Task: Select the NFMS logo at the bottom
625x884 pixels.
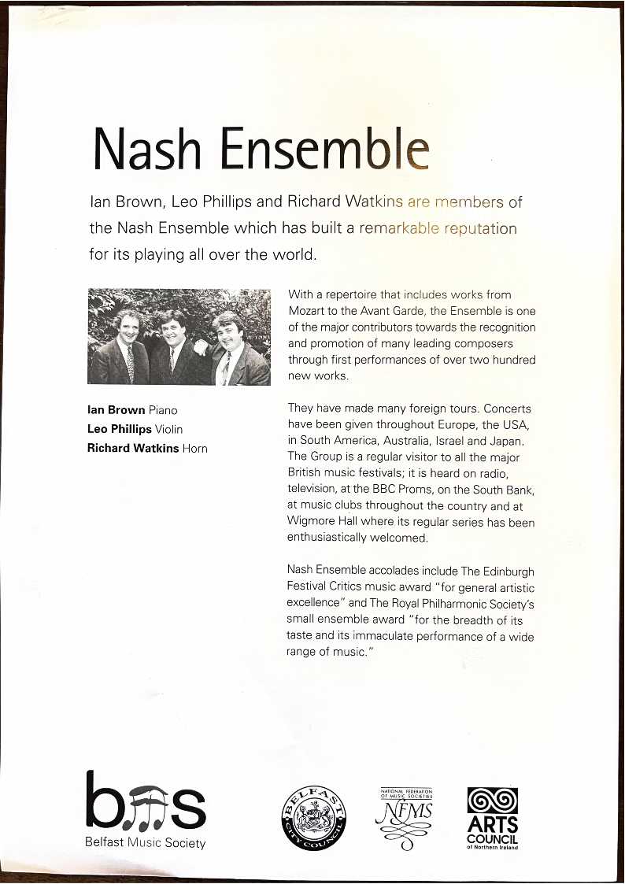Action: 406,819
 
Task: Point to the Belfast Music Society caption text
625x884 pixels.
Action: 145,844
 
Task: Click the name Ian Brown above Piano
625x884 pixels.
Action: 116,410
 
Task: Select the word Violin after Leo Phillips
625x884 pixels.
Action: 168,430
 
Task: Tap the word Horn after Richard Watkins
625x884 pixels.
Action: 194,449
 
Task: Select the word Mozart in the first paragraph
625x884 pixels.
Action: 307,310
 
